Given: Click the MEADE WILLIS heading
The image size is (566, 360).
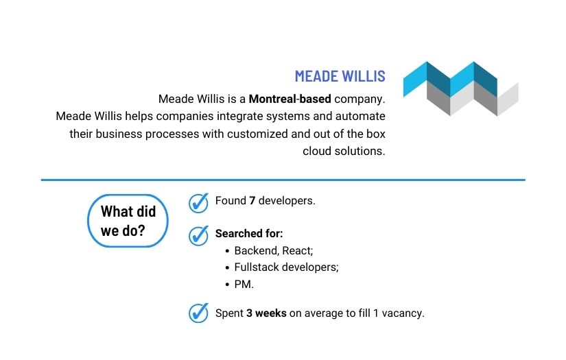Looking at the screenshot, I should click(x=340, y=76).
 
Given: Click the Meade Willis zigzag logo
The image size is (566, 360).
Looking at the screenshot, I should click(x=460, y=88).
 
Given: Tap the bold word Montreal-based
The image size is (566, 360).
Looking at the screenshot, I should click(x=290, y=98).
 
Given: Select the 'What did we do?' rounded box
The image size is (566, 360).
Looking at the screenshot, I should click(x=128, y=221).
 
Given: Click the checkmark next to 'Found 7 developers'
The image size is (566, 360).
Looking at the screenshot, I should click(x=198, y=202).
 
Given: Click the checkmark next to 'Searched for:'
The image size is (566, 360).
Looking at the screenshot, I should click(x=198, y=235).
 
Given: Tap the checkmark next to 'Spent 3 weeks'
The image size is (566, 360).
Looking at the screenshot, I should click(x=198, y=313).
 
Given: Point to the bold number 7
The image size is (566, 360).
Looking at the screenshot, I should click(x=252, y=202).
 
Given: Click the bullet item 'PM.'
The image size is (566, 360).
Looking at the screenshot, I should click(x=244, y=284).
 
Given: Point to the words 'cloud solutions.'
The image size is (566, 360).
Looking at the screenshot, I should click(x=344, y=151).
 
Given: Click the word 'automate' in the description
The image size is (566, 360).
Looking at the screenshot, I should click(x=361, y=116).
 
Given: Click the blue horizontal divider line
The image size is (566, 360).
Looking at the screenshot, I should click(x=283, y=180).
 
